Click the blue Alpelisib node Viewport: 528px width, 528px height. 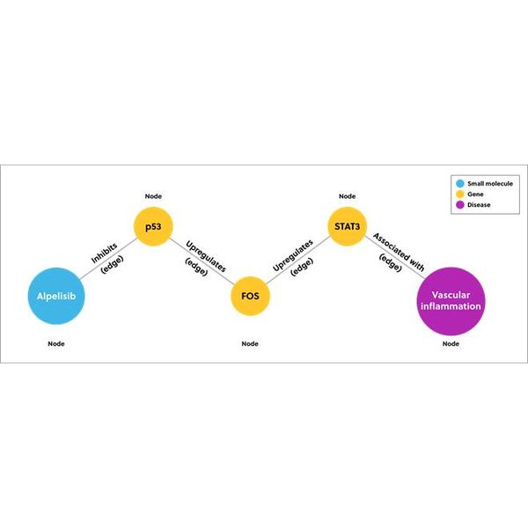coord(56,296)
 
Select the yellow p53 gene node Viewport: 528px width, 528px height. coord(153,226)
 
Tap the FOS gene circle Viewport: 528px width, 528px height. coord(250,296)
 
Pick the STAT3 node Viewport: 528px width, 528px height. coord(348,226)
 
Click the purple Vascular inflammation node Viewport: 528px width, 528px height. coord(451,301)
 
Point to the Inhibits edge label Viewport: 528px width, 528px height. coord(105,253)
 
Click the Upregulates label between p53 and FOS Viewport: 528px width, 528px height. coord(206,256)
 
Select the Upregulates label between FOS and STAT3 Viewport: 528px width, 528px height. coord(293,255)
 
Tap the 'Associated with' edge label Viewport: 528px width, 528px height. coord(399,252)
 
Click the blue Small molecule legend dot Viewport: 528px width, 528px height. coord(460,184)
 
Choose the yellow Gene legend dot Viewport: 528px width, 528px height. coord(460,194)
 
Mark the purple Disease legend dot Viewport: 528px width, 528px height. coord(460,205)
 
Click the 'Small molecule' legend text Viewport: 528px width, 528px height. coord(490,184)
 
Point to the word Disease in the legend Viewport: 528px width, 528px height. coord(479,205)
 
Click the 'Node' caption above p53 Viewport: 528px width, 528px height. coord(153,196)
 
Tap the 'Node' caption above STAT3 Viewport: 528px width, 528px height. coord(348,196)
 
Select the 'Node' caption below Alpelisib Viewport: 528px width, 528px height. coord(56,343)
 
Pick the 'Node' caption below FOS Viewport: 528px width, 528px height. coord(250,343)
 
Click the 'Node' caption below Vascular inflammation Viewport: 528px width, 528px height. coord(451,343)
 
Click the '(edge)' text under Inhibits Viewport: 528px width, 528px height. coord(113,264)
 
